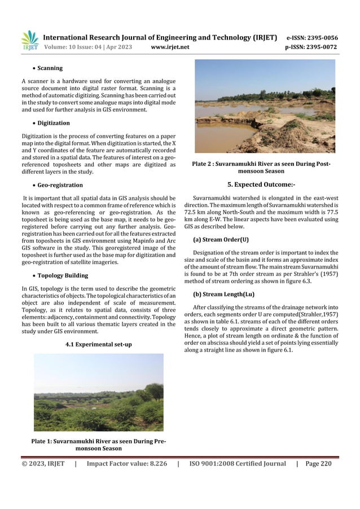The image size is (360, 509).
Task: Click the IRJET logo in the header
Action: [x=30, y=40]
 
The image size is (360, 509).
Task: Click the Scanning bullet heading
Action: [x=50, y=68]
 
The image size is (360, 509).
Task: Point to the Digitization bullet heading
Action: [x=54, y=122]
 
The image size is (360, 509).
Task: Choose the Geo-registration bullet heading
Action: [x=59, y=185]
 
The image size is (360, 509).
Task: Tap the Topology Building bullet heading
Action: [x=62, y=276]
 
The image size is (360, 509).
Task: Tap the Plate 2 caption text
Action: [x=261, y=168]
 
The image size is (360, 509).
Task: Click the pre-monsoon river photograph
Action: [x=99, y=393]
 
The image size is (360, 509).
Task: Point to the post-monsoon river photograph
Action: [x=265, y=107]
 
